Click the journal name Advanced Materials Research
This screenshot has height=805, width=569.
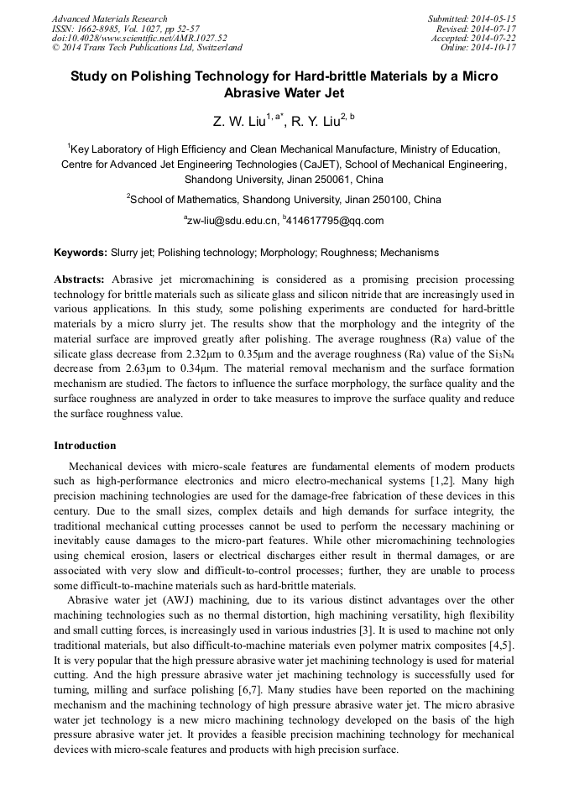pos(110,18)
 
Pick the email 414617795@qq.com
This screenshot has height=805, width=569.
pos(336,221)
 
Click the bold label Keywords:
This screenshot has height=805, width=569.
pos(81,252)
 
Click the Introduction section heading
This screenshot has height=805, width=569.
pos(85,445)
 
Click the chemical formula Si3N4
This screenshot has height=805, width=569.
pos(500,354)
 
